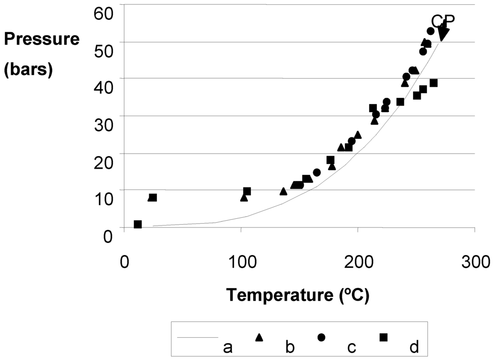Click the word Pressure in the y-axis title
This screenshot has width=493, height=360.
pyautogui.click(x=42, y=40)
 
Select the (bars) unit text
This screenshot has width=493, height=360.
pyautogui.click(x=28, y=70)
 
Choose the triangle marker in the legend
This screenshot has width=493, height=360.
pyautogui.click(x=259, y=337)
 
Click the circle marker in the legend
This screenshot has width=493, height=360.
pyautogui.click(x=321, y=337)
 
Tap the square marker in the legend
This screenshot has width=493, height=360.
pyautogui.click(x=383, y=337)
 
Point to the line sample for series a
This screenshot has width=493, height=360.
pyautogui.click(x=197, y=337)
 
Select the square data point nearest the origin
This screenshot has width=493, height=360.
pyautogui.click(x=138, y=224)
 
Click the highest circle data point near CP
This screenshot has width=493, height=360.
pyautogui.click(x=431, y=31)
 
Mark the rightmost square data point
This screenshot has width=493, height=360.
pyautogui.click(x=433, y=83)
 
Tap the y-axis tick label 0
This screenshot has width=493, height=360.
pyautogui.click(x=107, y=236)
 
